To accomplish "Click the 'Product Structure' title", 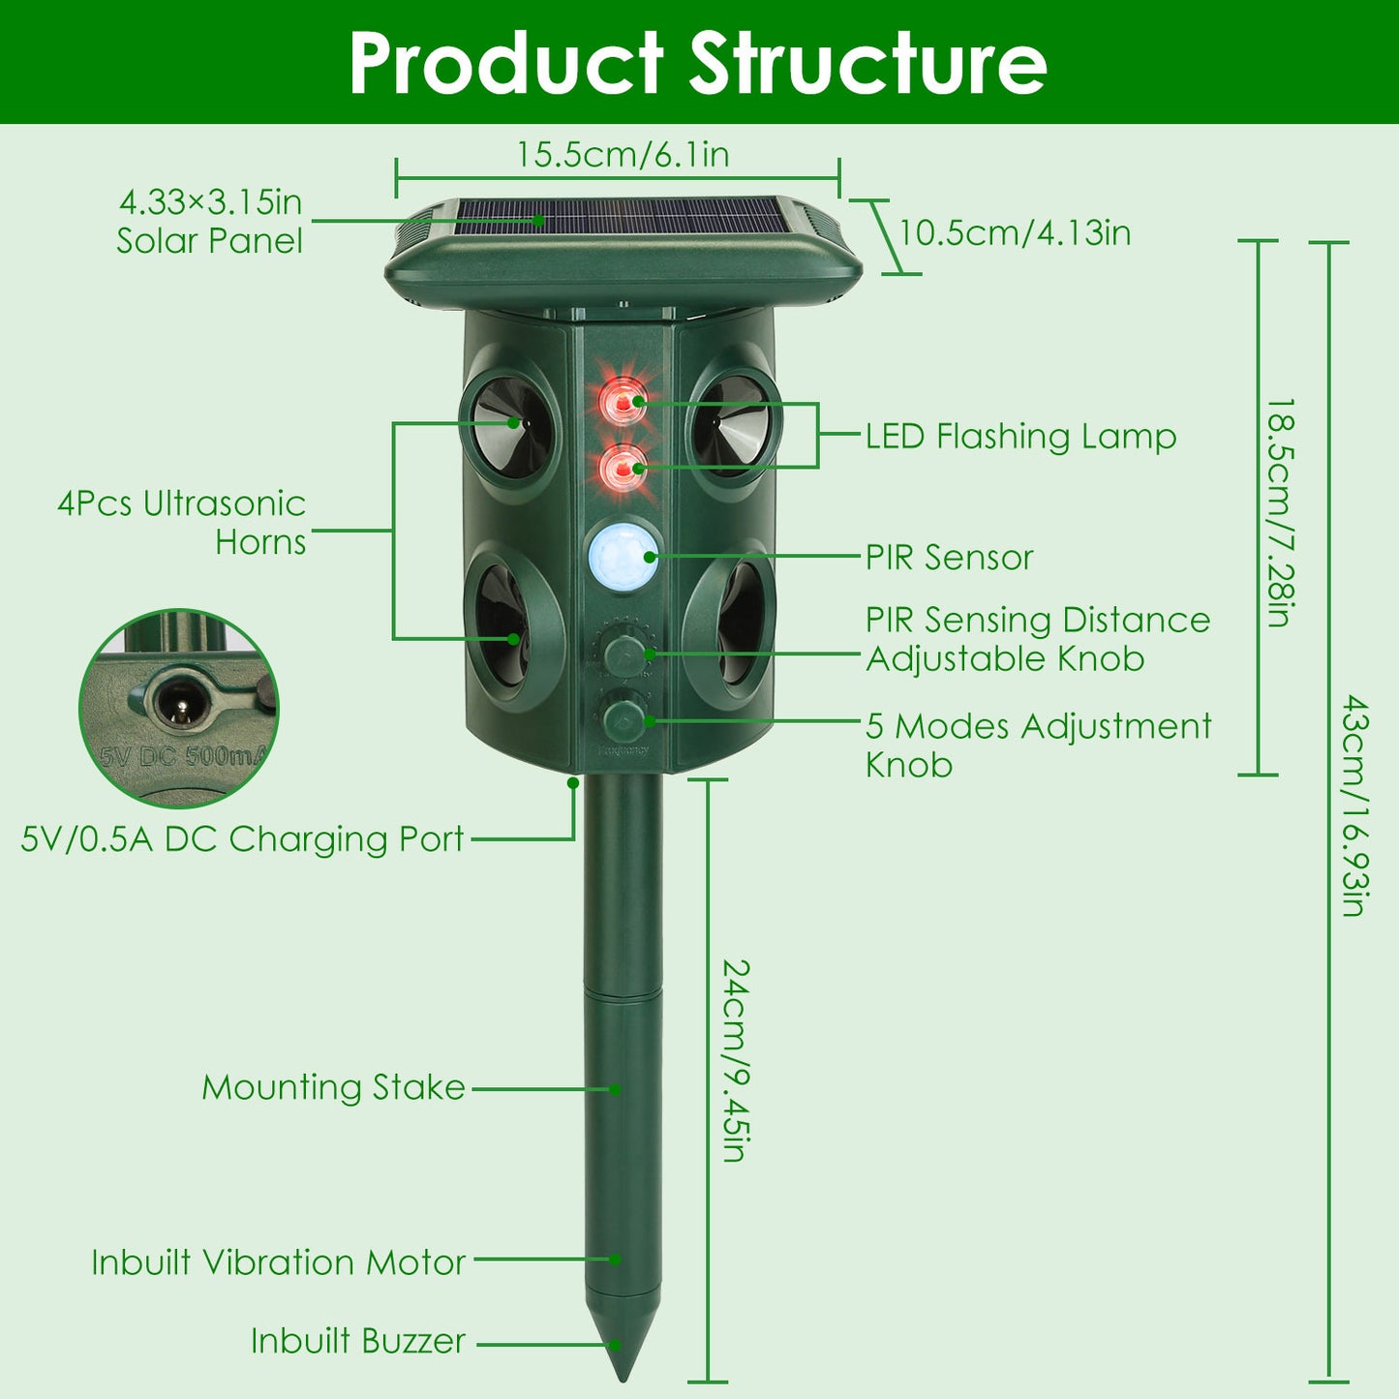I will pos(697,63).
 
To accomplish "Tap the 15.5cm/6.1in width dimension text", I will pos(622,155).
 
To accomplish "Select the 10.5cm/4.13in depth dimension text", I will pos(1015,233).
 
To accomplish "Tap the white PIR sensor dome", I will pos(623,556).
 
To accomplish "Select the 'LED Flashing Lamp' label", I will pos(1020,437).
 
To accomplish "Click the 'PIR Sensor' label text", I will pos(949,558).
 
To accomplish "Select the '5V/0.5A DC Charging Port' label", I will pos(242,839).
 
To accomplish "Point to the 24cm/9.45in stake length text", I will pos(738,1060).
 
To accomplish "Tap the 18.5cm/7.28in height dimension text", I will pos(1281,512).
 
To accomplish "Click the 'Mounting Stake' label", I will pos(333,1087).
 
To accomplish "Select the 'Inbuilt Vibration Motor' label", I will pos(278,1262).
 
